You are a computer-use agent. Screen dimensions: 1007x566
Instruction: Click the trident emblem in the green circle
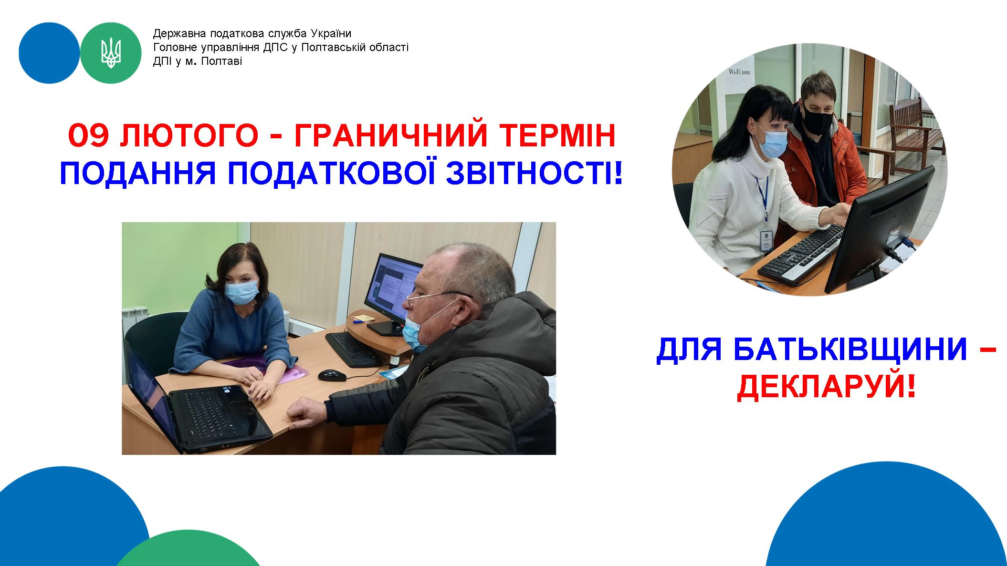[x=111, y=53]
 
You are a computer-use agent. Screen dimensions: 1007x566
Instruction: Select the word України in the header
[x=331, y=34]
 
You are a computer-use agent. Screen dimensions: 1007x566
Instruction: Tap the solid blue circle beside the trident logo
[x=49, y=53]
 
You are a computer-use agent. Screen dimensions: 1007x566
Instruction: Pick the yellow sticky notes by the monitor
[x=362, y=317]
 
